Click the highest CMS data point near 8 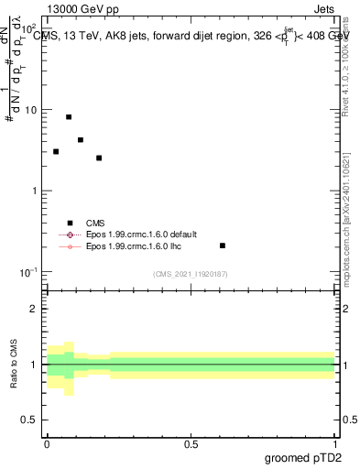click(x=69, y=117)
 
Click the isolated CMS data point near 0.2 click(x=223, y=245)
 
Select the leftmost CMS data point click(x=56, y=152)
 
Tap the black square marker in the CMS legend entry click(x=70, y=223)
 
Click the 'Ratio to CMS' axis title click(x=16, y=364)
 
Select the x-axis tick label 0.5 click(x=191, y=442)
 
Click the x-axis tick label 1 click(x=335, y=442)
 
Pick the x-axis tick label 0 click(x=47, y=442)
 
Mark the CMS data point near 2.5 click(x=99, y=158)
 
